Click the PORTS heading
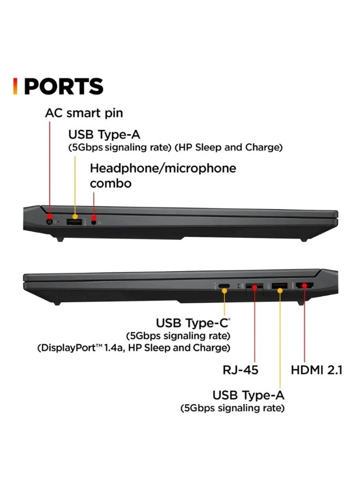click(x=64, y=87)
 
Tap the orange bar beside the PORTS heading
click(x=15, y=86)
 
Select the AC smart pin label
click(x=83, y=113)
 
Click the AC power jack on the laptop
click(x=50, y=221)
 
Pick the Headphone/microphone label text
click(x=163, y=168)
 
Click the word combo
click(x=110, y=183)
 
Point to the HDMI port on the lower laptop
click(x=304, y=285)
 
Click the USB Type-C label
click(x=193, y=323)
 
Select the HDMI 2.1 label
click(x=316, y=370)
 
